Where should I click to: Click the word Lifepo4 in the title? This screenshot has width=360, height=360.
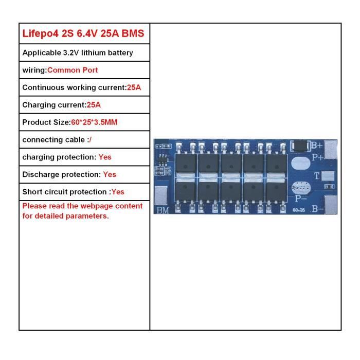click(x=40, y=33)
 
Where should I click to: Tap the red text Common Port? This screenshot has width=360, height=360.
click(x=73, y=70)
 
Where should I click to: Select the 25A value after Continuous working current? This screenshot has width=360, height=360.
click(x=134, y=87)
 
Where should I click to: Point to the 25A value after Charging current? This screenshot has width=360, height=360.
click(x=94, y=105)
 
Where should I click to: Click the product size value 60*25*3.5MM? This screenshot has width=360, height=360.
click(x=94, y=122)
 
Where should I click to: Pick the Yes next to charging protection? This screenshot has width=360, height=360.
click(x=105, y=157)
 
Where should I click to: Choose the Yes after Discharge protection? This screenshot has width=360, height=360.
click(x=110, y=174)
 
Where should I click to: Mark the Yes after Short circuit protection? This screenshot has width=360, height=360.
click(x=118, y=192)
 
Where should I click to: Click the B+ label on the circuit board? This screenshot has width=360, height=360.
click(x=317, y=146)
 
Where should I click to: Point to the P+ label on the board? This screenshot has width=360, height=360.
click(x=318, y=157)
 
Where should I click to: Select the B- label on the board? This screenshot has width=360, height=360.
click(x=317, y=209)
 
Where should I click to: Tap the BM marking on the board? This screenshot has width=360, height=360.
click(x=163, y=210)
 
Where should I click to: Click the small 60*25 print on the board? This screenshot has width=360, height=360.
click(x=299, y=210)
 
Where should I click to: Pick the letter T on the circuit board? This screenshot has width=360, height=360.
click(x=317, y=176)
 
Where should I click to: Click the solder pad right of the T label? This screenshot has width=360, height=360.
click(x=328, y=176)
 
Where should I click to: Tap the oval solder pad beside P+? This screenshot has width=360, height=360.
click(x=301, y=163)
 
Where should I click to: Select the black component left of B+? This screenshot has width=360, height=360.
click(x=300, y=146)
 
